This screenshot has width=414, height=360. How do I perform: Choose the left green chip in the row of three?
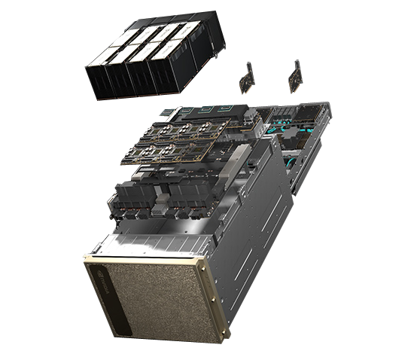point(190,110)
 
